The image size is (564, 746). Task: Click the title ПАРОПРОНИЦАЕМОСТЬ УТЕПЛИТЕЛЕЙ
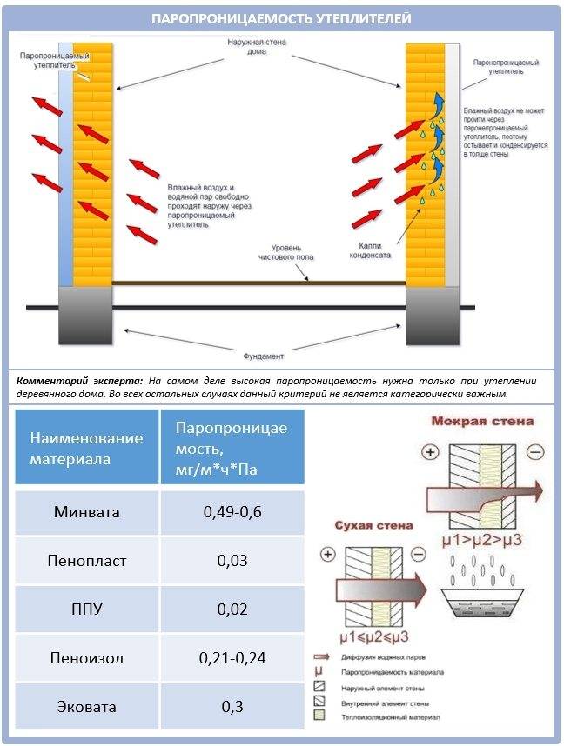coord(281,18)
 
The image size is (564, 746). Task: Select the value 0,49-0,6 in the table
coord(232,512)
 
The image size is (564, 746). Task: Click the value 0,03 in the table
coord(232,561)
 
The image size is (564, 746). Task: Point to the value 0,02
coord(232,609)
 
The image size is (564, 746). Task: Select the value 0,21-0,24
coord(232,657)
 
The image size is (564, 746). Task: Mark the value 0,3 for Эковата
coord(232,706)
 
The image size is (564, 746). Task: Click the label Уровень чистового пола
coord(286,252)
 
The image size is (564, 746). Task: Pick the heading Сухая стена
coord(375,525)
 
